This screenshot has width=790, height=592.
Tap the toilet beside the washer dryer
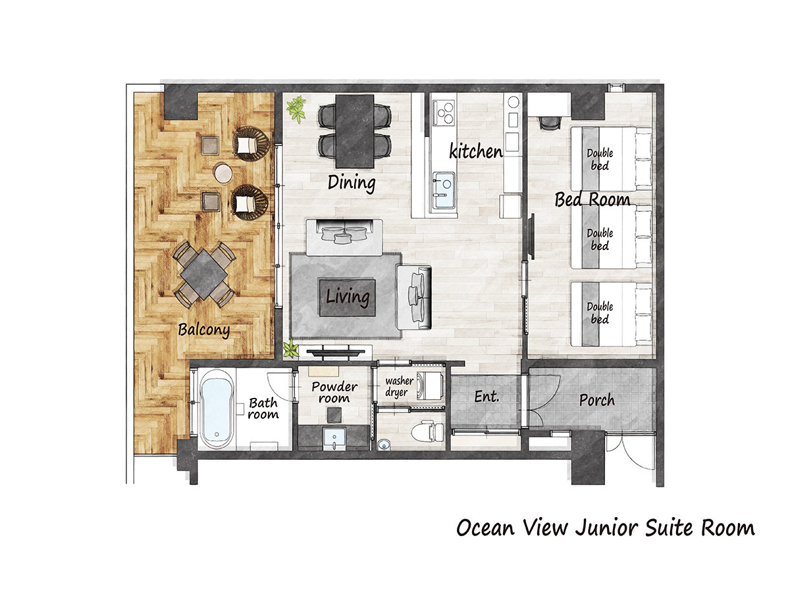point(427,432)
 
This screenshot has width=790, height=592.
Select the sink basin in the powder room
point(334,438)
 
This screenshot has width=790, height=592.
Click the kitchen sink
point(444,190)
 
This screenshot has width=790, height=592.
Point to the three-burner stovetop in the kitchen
point(444,112)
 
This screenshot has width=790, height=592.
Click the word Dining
point(352,183)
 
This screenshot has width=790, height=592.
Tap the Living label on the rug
point(348,297)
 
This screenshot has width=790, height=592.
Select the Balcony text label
point(203,330)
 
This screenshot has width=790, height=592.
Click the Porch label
point(597,400)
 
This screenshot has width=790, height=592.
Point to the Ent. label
point(487,397)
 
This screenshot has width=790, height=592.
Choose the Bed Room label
point(592,199)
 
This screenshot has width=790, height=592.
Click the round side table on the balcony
point(223,173)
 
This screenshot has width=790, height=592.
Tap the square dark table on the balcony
point(203,274)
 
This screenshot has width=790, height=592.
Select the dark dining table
point(354,131)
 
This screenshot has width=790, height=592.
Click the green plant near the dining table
point(296,109)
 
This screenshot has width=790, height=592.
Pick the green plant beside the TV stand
point(290,349)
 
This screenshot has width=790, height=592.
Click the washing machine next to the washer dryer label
point(430,386)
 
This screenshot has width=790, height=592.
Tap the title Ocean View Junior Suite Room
point(606,528)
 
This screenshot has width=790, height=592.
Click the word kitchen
point(476,151)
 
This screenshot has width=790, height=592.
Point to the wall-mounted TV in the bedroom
point(532,236)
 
